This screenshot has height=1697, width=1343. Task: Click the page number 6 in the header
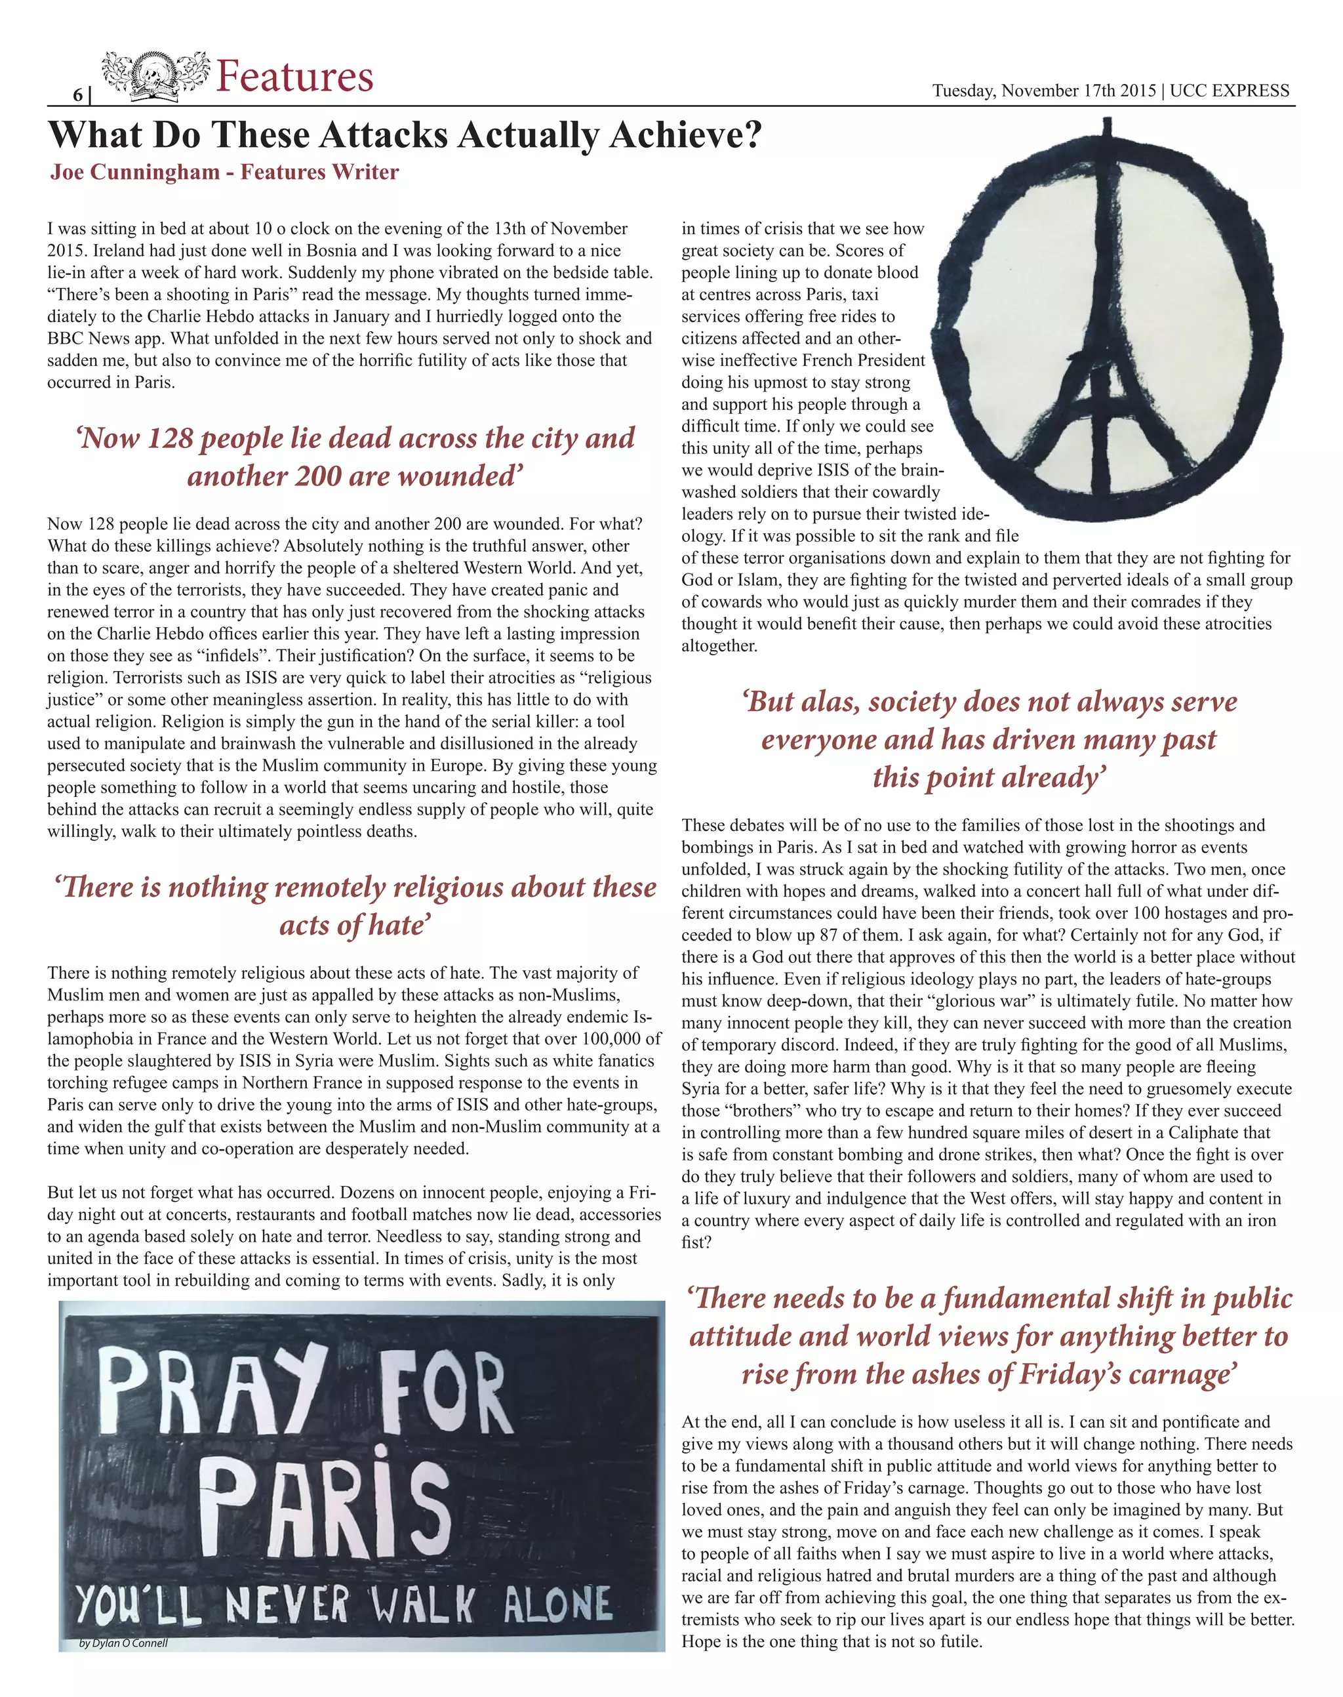78,95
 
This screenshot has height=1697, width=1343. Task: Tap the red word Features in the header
294,77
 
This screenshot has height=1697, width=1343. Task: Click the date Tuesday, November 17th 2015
1043,91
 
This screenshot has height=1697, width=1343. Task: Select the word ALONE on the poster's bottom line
557,1605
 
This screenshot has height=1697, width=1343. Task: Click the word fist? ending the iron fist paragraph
696,1242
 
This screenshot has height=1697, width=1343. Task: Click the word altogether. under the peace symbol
719,645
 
